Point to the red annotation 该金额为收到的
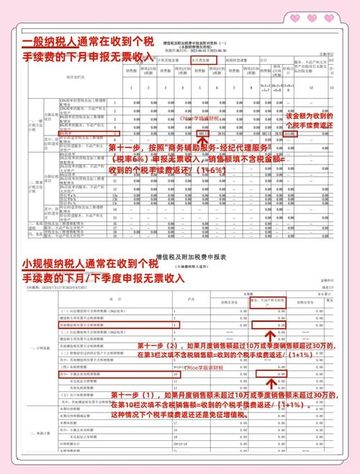click(x=310, y=116)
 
